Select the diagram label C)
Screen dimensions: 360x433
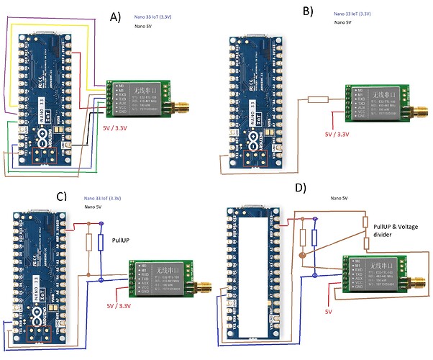click(x=61, y=195)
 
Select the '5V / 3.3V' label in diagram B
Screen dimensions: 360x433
click(x=338, y=134)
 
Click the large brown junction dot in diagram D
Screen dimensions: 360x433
click(x=302, y=255)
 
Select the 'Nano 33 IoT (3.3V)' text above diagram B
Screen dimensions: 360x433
click(x=352, y=13)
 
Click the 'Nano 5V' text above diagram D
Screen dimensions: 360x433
click(x=340, y=197)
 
